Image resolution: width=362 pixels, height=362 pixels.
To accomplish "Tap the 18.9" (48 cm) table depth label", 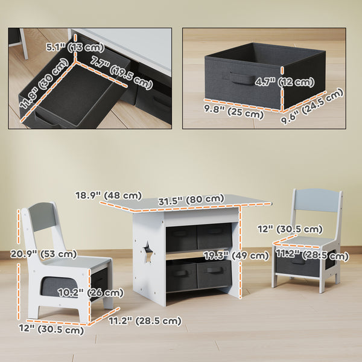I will [x=109, y=195].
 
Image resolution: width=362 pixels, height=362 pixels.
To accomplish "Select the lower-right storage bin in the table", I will [x=213, y=273].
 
